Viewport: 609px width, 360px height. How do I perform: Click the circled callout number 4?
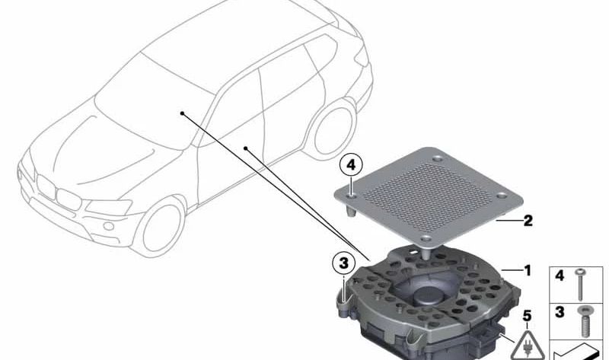351,165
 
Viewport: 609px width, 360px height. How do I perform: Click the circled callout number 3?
344,263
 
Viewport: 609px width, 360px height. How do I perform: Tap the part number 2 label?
528,221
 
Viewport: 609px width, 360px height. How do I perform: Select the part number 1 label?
528,270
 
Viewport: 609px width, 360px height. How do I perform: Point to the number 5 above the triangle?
527,316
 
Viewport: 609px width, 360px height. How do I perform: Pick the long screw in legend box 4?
580,285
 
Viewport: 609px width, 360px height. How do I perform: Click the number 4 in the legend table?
560,276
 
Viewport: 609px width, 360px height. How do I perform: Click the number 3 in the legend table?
560,312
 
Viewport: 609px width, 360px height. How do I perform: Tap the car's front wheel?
159,228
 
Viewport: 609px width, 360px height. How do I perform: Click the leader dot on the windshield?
182,113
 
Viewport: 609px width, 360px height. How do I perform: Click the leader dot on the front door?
245,148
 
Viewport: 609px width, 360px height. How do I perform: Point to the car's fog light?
109,225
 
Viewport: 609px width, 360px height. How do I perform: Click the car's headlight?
109,207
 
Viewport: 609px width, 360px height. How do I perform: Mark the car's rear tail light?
362,56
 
